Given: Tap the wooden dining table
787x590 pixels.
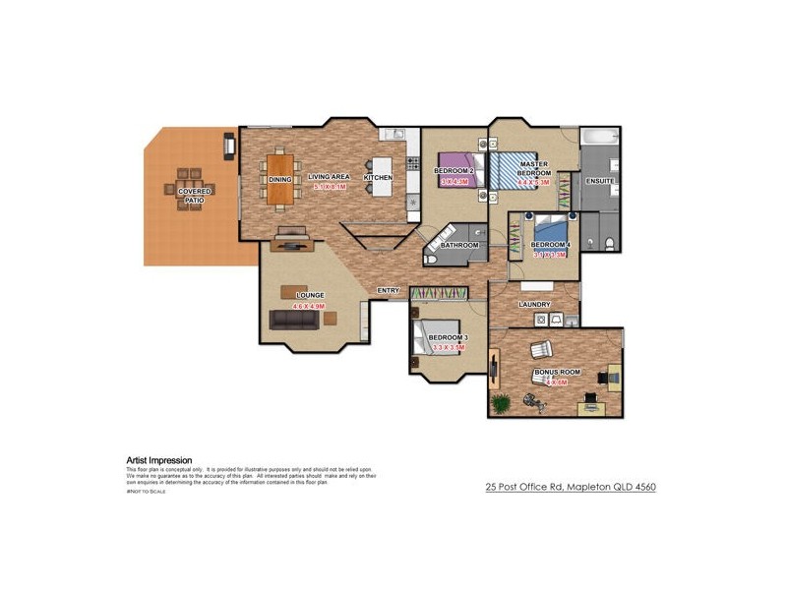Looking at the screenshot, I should [281, 178].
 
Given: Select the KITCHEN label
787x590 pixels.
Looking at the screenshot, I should [378, 178].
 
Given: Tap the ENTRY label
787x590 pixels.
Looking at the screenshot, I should [388, 290].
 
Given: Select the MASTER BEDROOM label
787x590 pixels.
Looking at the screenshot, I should [534, 168].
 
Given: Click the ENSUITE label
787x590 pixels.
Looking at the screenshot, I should [599, 182].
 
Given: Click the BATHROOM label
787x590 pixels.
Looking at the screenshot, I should [459, 245].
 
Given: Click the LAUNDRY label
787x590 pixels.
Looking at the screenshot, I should [533, 305].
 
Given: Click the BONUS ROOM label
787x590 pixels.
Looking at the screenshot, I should [557, 373].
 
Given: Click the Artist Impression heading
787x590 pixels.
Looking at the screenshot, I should [159, 460].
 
